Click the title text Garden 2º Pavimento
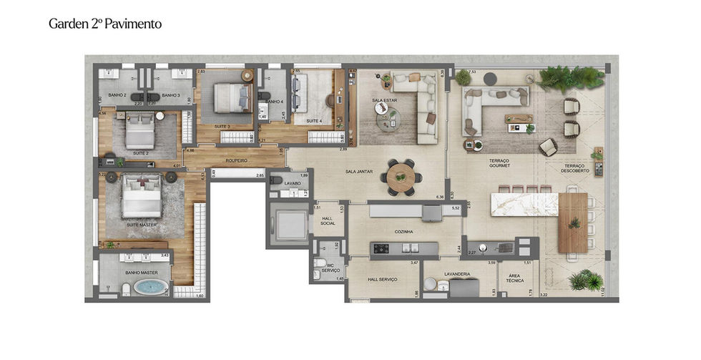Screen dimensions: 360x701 (x=105, y=24)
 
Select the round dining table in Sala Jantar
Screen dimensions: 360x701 (x=401, y=175)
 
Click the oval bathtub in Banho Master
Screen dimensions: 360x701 (x=149, y=288)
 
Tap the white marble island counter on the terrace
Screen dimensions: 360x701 (x=524, y=203)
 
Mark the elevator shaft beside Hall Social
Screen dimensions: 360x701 (x=290, y=223)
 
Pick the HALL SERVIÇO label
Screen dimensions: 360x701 (x=382, y=280)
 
